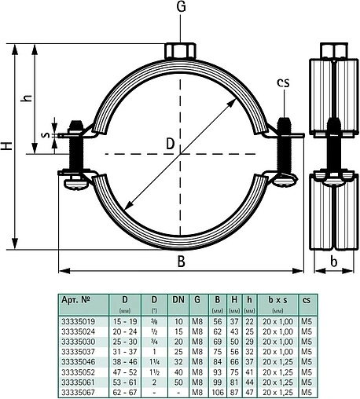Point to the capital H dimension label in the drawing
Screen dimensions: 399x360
tap(7, 147)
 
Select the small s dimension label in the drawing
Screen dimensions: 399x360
tap(45, 136)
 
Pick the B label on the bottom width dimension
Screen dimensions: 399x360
tap(182, 262)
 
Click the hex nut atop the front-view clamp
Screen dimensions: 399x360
tap(181, 50)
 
